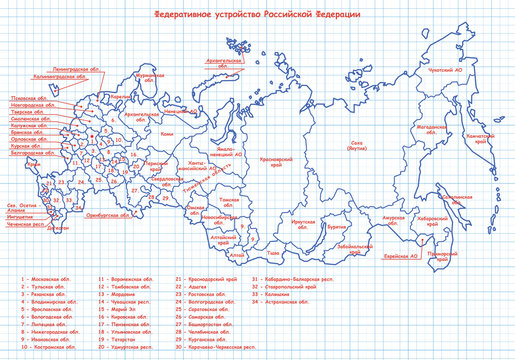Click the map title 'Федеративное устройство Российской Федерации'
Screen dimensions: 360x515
tap(256, 16)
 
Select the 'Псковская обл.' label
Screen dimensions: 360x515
tap(28, 98)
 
